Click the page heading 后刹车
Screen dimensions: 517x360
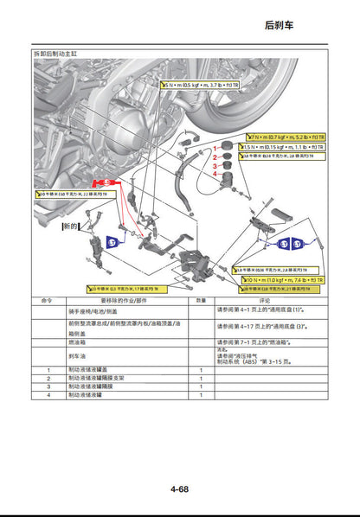[x=279, y=25]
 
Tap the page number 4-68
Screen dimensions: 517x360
[x=179, y=488]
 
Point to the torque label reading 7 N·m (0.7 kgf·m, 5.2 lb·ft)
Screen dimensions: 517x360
[x=286, y=137]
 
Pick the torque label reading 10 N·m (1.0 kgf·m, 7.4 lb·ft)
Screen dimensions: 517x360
[x=283, y=280]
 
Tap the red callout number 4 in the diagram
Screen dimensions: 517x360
[x=215, y=174]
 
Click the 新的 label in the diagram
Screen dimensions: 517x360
[x=69, y=226]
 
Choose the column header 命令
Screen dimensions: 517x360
[x=48, y=301]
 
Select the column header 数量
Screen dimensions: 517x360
[x=200, y=301]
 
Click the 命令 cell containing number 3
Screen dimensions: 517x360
[x=48, y=386]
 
